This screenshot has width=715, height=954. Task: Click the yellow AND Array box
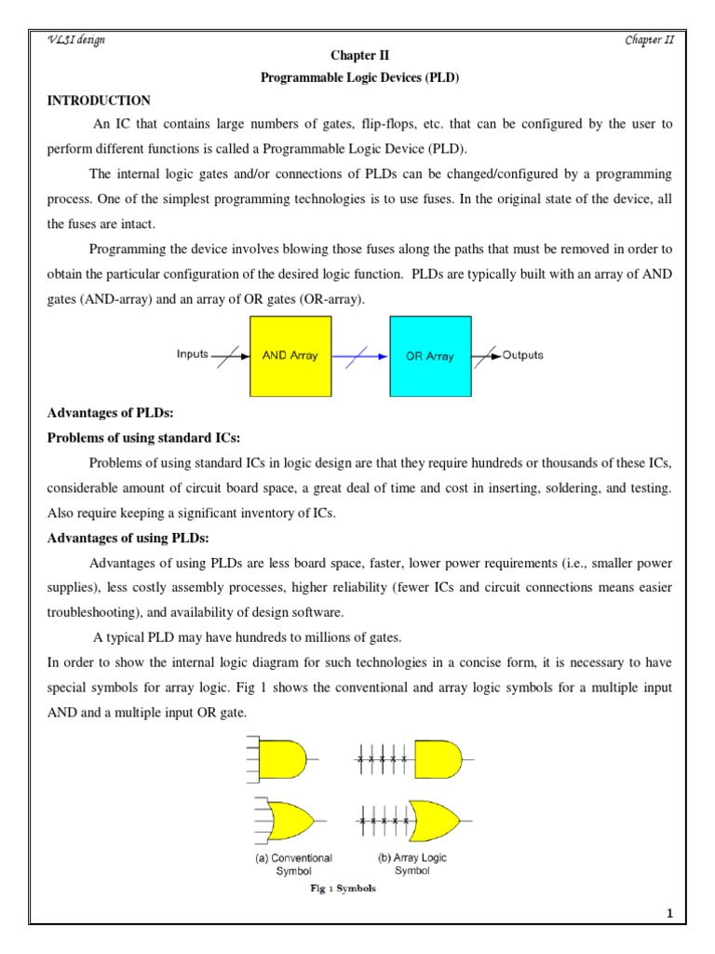[290, 356]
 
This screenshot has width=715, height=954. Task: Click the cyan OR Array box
[429, 356]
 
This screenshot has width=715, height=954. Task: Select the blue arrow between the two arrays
[354, 356]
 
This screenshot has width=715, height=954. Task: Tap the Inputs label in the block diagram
[193, 355]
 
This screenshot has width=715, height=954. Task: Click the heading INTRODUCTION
[99, 101]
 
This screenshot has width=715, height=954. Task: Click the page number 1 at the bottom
[668, 913]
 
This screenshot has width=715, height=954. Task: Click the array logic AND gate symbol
[438, 758]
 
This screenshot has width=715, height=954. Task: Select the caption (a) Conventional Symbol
[293, 864]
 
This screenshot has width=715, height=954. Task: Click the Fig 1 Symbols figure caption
[343, 889]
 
